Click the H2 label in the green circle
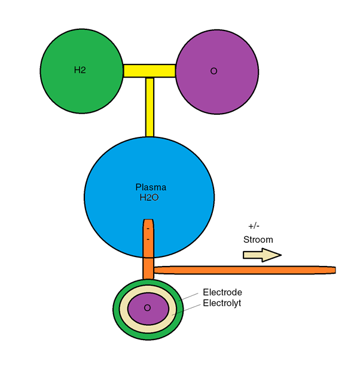tap(80, 70)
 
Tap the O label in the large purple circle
tap(213, 71)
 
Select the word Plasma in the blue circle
tap(150, 188)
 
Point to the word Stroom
tap(258, 240)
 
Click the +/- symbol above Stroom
tap(253, 227)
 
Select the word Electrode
tap(222, 293)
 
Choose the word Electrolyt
tap(223, 303)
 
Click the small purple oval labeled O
tap(148, 308)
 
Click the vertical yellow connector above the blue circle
tap(150, 108)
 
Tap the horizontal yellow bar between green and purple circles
tap(149, 71)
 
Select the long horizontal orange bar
tap(239, 270)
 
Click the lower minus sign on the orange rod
tap(148, 240)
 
